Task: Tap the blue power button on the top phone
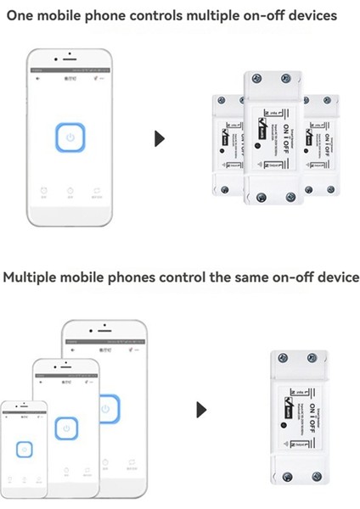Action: tap(70, 137)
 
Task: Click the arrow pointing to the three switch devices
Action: tap(159, 138)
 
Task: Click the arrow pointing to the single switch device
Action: tap(200, 410)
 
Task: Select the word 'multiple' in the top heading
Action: tap(216, 15)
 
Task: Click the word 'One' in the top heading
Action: tap(22, 15)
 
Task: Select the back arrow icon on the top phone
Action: tap(37, 77)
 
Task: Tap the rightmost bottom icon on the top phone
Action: tap(98, 191)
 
